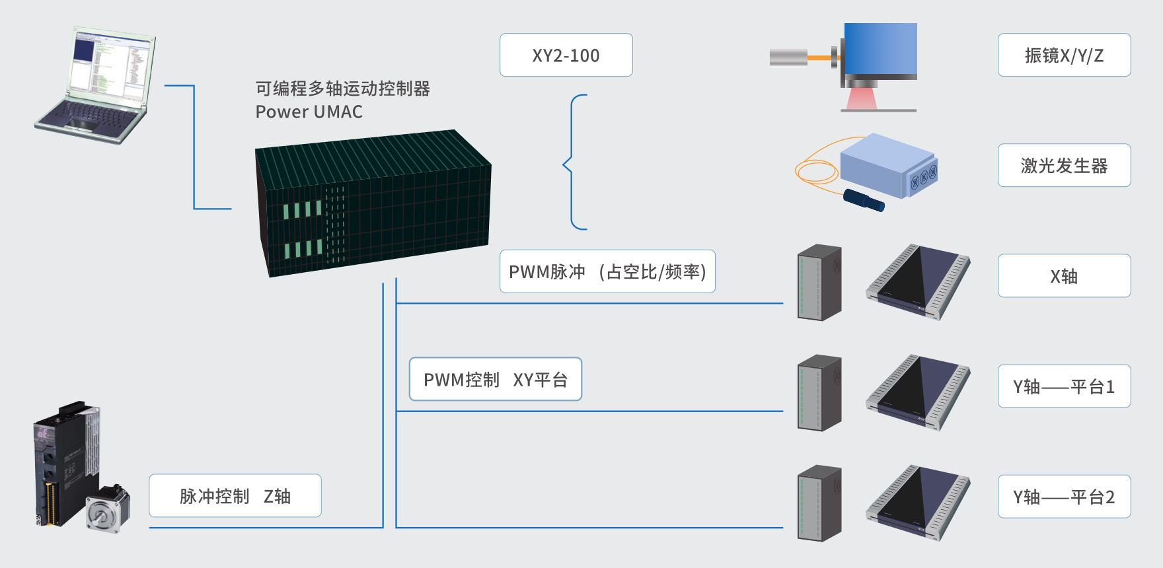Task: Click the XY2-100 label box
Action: pos(566,55)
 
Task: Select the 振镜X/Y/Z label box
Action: pos(1064,55)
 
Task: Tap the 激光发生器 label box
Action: pos(1064,165)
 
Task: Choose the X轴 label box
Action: pos(1064,275)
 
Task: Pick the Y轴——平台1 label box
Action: pos(1064,386)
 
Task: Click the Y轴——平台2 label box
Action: pos(1064,496)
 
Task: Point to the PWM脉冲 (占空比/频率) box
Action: pos(607,271)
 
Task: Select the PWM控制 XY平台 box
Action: pos(496,379)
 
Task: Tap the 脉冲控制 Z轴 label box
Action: pos(235,495)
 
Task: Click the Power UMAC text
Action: pos(309,112)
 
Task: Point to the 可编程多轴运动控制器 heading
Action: pos(343,89)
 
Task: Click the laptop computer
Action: pos(96,85)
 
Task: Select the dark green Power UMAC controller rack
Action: pos(373,203)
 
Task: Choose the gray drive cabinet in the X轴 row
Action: pos(819,283)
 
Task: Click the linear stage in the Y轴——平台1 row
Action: pos(918,393)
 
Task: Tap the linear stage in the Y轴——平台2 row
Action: pos(918,503)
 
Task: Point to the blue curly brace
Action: pos(572,162)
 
